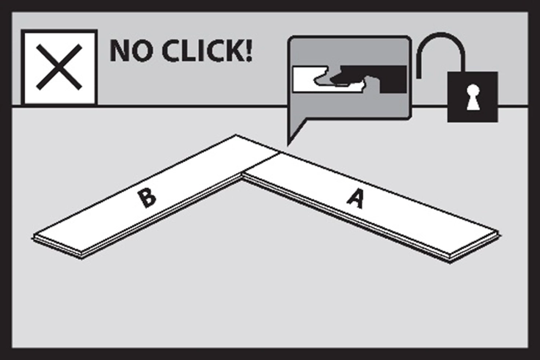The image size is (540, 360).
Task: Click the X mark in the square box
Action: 59,67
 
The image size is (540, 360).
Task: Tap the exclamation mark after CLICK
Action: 247,51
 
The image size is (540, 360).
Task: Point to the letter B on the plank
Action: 147,198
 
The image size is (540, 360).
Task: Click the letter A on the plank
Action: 356,199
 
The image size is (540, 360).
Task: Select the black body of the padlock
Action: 472,97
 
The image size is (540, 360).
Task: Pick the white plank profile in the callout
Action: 324,80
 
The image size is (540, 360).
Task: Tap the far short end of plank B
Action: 57,248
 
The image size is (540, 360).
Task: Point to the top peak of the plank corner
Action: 236,135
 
